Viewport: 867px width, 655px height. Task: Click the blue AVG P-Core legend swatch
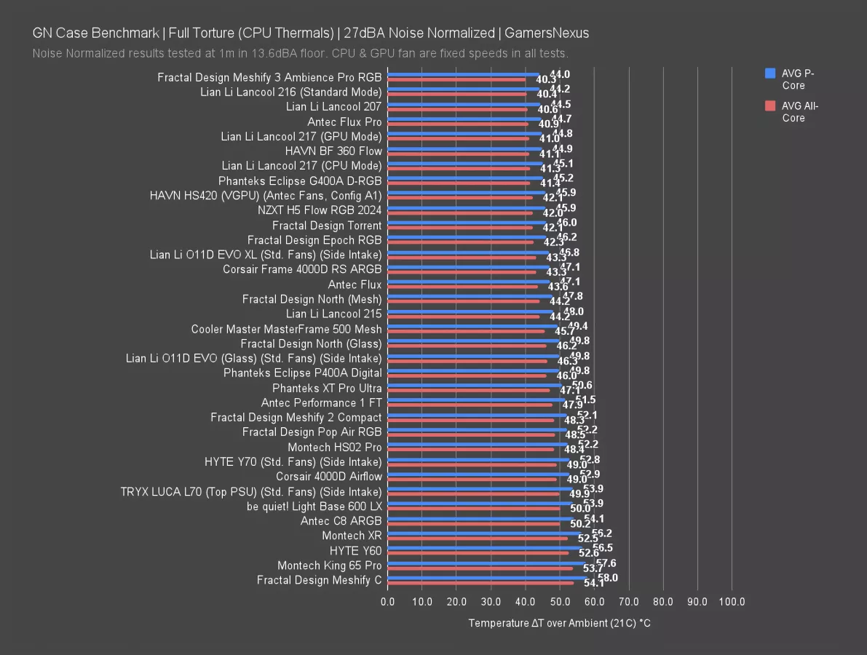click(x=770, y=73)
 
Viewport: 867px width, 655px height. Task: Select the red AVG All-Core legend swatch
click(x=770, y=106)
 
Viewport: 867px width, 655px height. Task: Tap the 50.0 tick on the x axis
click(x=560, y=602)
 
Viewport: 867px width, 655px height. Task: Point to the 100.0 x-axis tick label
click(x=732, y=602)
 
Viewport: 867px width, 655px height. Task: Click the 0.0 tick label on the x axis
click(x=388, y=602)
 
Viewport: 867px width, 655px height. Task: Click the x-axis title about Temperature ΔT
click(x=559, y=624)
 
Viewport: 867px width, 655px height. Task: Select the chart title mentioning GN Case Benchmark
click(x=311, y=33)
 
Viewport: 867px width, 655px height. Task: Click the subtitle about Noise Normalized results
click(x=300, y=53)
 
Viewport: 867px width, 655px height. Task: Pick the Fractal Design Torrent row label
click(x=327, y=226)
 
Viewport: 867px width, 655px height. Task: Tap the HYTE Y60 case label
click(x=355, y=551)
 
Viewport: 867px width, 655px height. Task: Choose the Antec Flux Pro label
click(x=344, y=122)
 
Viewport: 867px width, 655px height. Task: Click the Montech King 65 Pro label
click(x=329, y=565)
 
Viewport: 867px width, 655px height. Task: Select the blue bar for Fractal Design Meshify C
click(x=488, y=577)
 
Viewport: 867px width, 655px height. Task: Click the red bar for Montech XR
click(x=478, y=539)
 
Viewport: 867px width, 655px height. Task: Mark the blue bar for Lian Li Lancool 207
click(x=464, y=104)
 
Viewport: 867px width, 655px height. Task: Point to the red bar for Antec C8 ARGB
click(x=474, y=524)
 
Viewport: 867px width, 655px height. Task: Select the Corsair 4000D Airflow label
click(x=328, y=477)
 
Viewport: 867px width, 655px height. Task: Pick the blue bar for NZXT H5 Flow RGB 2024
click(x=467, y=207)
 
